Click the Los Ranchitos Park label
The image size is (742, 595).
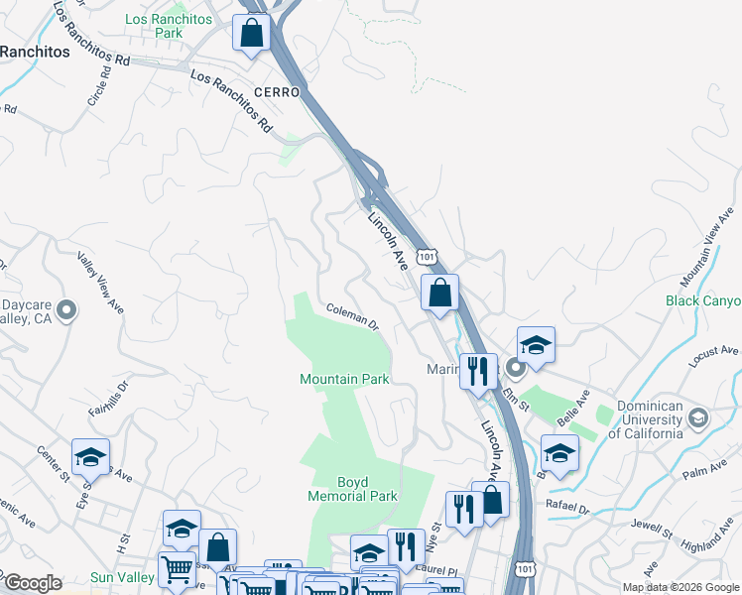coord(155,26)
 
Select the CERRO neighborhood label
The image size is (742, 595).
coord(276,91)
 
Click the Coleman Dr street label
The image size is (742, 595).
coord(353,316)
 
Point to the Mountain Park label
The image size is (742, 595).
coord(344,379)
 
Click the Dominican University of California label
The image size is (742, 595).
coord(651,419)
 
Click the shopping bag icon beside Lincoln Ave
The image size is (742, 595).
coord(439,294)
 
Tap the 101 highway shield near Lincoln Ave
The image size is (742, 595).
coord(426,256)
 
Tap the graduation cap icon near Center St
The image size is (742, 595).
coord(90,458)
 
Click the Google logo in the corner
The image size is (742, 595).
coord(33,583)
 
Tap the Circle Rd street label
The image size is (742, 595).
coord(97,93)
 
